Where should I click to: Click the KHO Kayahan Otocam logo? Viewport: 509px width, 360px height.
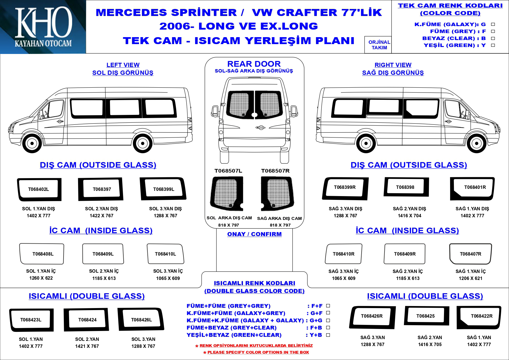pos(43,27)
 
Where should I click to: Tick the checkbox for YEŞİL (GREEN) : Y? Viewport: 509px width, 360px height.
pos(493,45)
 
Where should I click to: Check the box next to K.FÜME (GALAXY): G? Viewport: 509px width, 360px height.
pos(493,24)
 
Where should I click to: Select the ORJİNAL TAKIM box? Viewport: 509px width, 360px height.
pos(379,45)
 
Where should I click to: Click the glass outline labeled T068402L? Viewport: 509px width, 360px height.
pos(39,189)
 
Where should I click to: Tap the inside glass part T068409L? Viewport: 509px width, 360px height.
pos(103,254)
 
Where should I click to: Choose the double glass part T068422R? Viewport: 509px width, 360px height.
pos(479,317)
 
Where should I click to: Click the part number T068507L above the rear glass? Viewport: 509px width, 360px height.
pos(228,171)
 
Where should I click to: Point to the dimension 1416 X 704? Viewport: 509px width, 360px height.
pos(409,216)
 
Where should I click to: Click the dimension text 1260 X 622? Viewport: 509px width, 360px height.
pos(41,278)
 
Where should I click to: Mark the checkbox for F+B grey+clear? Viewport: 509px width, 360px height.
pos(328,328)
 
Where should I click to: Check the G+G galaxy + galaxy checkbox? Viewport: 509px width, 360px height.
pos(328,321)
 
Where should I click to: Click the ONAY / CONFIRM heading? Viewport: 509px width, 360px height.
pos(254,234)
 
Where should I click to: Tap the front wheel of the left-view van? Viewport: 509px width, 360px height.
pos(32,143)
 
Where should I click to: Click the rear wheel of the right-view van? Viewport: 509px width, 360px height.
pos(366,143)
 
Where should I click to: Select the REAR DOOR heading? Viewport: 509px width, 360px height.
pos(254,64)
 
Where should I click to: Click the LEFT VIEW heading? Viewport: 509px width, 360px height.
pos(123,65)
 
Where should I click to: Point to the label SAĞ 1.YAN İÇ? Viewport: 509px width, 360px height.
pos(470,271)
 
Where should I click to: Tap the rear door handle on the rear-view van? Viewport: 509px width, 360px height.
pos(260,127)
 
